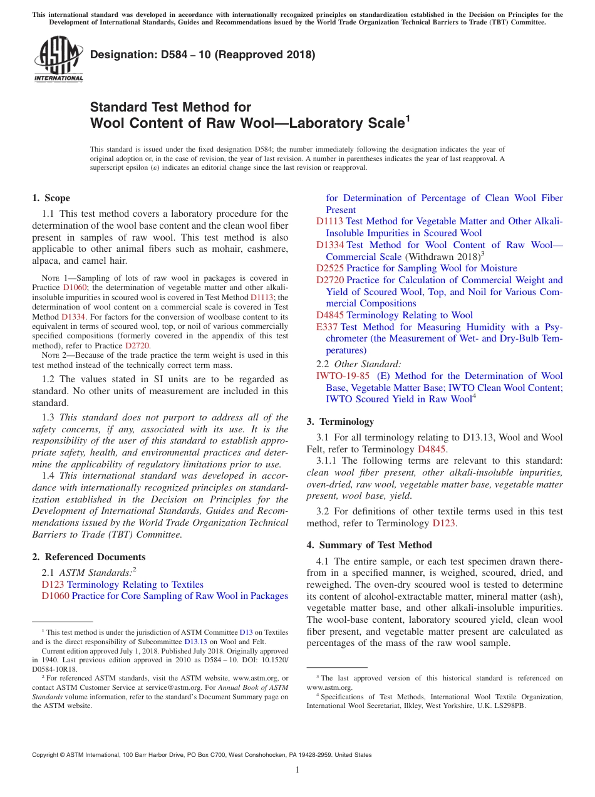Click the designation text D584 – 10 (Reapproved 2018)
(x=202, y=55)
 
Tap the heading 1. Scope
(x=51, y=198)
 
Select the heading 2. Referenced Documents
(x=88, y=557)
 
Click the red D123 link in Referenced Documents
(x=53, y=585)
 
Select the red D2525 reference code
(x=330, y=268)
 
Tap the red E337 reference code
(x=327, y=327)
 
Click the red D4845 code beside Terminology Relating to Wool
(x=330, y=315)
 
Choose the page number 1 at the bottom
(x=297, y=769)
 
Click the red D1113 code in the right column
(x=329, y=221)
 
